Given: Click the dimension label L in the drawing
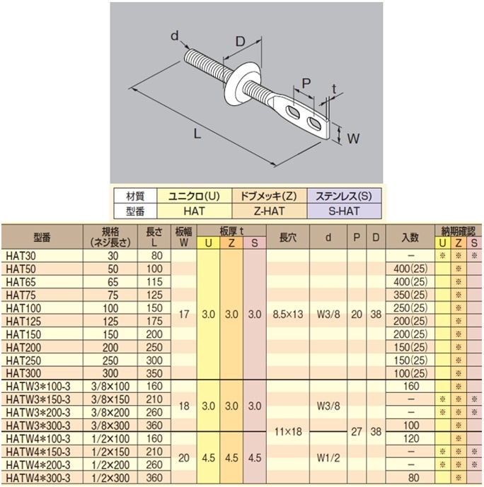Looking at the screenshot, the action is [x=197, y=134].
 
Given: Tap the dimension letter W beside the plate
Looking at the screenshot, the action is [x=353, y=139].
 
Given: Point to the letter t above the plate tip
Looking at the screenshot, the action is [x=334, y=89].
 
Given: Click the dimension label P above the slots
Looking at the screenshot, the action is [x=306, y=83].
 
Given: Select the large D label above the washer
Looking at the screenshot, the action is [x=241, y=41].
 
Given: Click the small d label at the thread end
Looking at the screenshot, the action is [x=175, y=36].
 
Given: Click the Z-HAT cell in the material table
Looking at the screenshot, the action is [x=269, y=211].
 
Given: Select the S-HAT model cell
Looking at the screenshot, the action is [x=344, y=211].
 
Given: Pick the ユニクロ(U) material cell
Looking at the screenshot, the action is [x=195, y=196].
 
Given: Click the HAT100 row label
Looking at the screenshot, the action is [x=23, y=308].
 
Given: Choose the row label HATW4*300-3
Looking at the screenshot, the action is [x=38, y=478].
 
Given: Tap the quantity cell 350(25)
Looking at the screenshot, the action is [x=410, y=295].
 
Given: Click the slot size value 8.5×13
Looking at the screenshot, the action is [x=288, y=315].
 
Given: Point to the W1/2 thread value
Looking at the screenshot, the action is [x=328, y=457].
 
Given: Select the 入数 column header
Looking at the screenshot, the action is [x=410, y=237].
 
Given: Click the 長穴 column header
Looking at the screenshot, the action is [x=288, y=237].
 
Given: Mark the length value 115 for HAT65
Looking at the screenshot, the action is [x=154, y=282].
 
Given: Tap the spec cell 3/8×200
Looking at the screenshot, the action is [x=110, y=413].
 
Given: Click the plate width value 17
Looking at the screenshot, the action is [x=184, y=315].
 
